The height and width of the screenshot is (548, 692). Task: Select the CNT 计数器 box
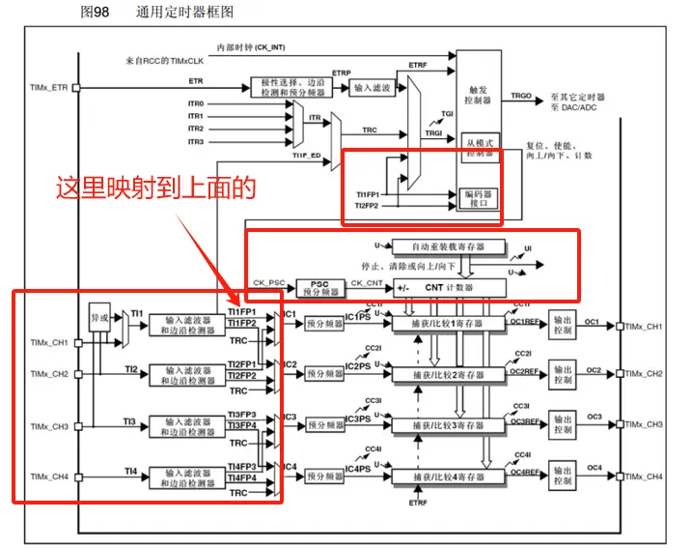[x=450, y=287]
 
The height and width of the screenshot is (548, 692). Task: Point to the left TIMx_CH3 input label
[x=49, y=425]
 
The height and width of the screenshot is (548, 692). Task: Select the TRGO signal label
[x=521, y=97]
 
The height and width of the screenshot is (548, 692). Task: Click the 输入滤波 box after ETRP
[x=373, y=88]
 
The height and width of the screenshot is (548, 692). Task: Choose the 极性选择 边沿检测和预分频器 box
[x=293, y=88]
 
